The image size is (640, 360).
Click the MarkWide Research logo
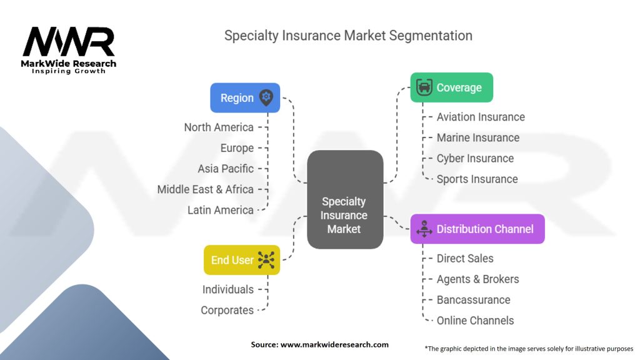(69, 49)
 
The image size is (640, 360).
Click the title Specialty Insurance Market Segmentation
(348, 35)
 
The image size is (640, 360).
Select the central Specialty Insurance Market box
(345, 199)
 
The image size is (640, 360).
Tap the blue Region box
(245, 98)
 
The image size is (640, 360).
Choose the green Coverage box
(451, 87)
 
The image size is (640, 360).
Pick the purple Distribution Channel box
(477, 229)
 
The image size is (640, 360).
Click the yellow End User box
(241, 260)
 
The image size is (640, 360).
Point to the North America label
(219, 127)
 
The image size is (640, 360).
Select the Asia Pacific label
(226, 169)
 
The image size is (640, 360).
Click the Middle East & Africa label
(205, 189)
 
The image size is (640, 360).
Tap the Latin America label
(221, 210)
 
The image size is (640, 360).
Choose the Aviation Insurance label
(481, 117)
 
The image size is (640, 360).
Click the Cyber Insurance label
(475, 158)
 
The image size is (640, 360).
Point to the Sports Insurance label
(477, 179)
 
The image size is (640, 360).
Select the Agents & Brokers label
(477, 279)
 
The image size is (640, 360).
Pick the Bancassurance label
(473, 300)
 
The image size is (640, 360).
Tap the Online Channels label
(475, 321)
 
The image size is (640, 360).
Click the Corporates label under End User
(227, 310)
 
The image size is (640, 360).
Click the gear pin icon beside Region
(266, 97)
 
